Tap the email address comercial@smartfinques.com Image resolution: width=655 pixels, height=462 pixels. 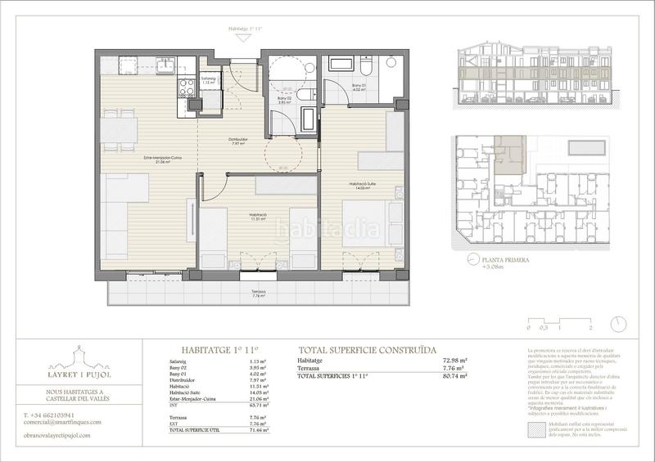(x=68, y=423)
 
